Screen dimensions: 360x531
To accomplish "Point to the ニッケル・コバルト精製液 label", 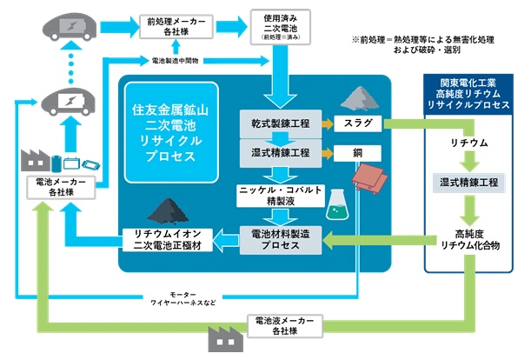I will click(x=276, y=195).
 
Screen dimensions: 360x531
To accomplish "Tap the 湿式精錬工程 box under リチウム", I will click(x=470, y=183).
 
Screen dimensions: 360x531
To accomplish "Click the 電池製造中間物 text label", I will click(x=176, y=61).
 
